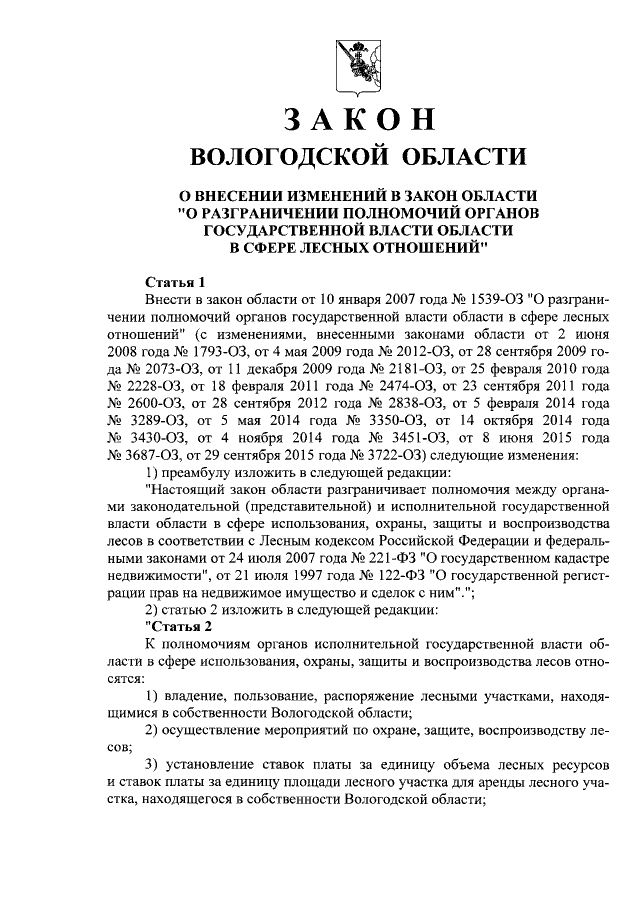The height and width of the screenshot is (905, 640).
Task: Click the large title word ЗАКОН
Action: (x=357, y=118)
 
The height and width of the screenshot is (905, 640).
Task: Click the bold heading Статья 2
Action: (x=180, y=627)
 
